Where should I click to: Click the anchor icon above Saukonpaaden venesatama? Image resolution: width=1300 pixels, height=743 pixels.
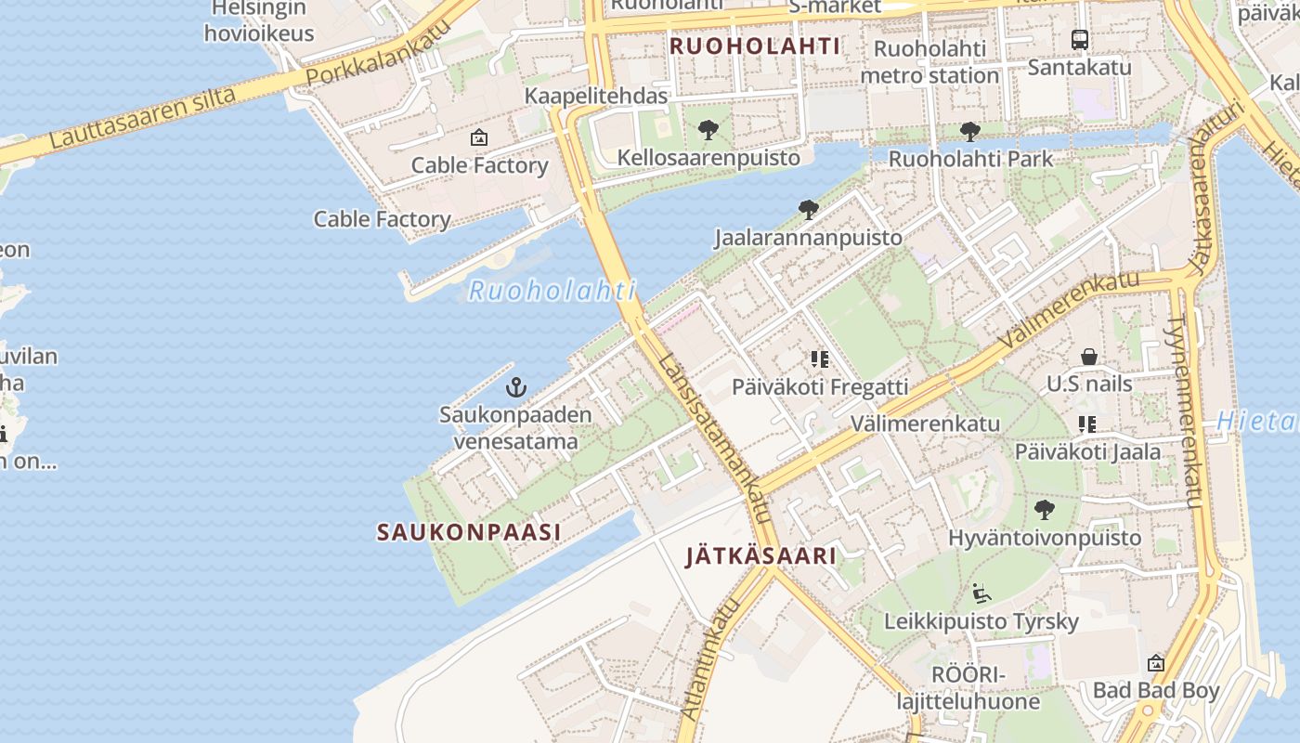tap(515, 387)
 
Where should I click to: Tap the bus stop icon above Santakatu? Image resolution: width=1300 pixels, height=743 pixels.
tap(1079, 40)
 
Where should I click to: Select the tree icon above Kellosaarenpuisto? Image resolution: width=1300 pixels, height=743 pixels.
tap(708, 131)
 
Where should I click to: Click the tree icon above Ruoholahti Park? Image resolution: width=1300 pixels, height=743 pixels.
tap(970, 132)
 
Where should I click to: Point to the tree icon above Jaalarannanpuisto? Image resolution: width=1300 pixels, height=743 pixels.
tap(808, 210)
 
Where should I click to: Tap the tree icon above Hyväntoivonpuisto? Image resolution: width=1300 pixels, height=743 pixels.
tap(1044, 510)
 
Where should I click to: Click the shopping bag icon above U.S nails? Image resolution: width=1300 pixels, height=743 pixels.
tap(1088, 357)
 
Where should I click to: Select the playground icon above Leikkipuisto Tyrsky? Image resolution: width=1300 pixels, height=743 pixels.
tap(981, 593)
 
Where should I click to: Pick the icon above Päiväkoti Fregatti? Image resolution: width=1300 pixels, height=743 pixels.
tap(819, 358)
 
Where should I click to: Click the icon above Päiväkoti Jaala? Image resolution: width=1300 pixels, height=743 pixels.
tap(1087, 424)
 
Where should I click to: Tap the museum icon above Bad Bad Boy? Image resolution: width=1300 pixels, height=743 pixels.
tap(1155, 663)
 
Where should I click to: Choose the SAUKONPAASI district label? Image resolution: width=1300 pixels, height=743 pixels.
tap(469, 532)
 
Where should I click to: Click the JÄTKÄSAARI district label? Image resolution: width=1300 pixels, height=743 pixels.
tap(760, 556)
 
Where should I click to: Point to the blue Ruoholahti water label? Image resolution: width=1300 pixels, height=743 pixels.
tap(552, 291)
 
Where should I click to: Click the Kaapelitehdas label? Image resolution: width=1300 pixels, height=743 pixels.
tap(596, 96)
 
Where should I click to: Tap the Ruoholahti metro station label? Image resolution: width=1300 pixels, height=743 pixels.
tap(929, 61)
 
